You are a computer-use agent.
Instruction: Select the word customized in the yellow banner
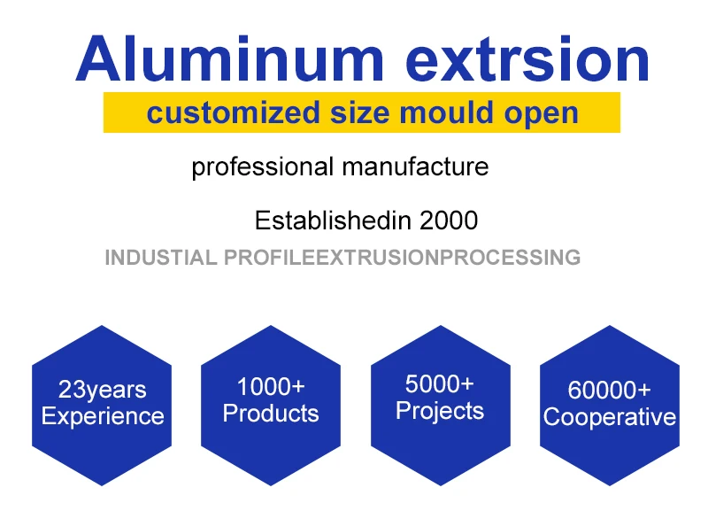(x=220, y=112)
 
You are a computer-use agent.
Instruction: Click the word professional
(x=262, y=166)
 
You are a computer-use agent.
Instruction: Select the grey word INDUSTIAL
(x=159, y=258)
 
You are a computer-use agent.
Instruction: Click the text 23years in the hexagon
(x=103, y=390)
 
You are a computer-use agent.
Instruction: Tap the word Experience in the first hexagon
(x=103, y=416)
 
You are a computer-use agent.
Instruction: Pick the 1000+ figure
(x=271, y=387)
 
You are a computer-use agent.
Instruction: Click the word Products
(x=271, y=414)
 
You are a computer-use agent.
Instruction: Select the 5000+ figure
(x=440, y=384)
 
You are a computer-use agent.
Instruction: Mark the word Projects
(x=440, y=411)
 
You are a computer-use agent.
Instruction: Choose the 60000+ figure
(x=610, y=390)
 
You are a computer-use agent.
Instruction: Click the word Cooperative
(x=610, y=417)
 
